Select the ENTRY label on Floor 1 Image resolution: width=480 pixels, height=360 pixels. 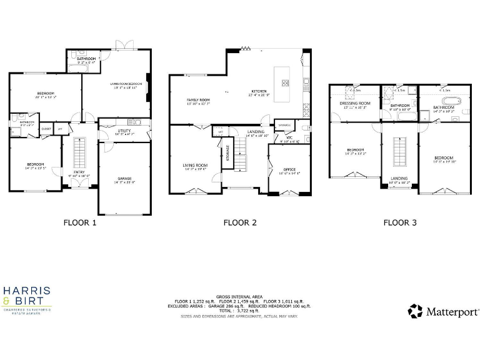pos(79,172)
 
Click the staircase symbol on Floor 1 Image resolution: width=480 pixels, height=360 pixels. pos(79,153)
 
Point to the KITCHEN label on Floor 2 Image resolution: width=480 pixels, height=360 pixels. pos(259,91)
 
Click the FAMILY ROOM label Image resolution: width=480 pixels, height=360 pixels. pos(198,100)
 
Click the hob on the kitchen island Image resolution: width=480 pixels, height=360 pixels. pos(285,82)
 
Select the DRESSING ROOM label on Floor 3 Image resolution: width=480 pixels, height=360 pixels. pos(355,103)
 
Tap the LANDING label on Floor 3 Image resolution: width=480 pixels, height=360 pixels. pos(399,179)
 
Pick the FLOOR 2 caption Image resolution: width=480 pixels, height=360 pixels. pos(240,222)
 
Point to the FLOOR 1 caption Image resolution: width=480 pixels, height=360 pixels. pos(81,222)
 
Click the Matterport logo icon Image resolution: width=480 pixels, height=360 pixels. pos(416,311)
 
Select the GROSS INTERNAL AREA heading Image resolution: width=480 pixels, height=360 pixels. pos(239,297)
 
